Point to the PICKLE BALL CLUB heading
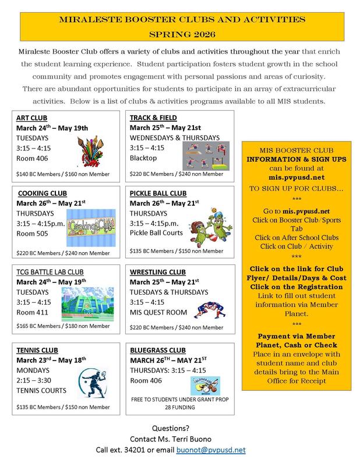tap(158, 193)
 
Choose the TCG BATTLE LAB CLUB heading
tap(49, 271)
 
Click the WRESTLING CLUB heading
tap(158, 272)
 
